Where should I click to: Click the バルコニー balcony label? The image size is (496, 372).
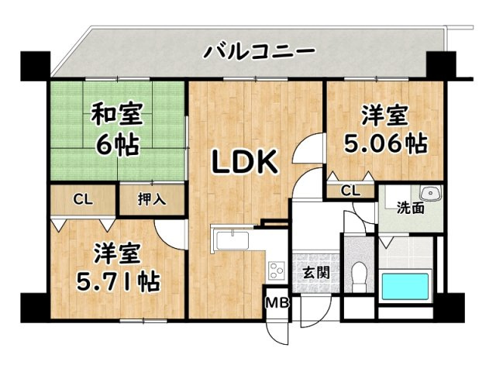[259, 53]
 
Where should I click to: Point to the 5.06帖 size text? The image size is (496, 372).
[385, 144]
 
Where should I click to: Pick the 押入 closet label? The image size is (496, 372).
[152, 199]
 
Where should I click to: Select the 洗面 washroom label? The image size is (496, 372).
[411, 208]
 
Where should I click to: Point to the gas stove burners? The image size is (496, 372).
[277, 271]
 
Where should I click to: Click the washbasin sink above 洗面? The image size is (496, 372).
[429, 193]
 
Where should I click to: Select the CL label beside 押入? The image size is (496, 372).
[83, 199]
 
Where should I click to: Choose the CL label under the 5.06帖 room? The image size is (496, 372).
[350, 191]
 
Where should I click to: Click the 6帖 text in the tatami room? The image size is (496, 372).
[116, 144]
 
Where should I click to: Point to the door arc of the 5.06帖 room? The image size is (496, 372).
[306, 151]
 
